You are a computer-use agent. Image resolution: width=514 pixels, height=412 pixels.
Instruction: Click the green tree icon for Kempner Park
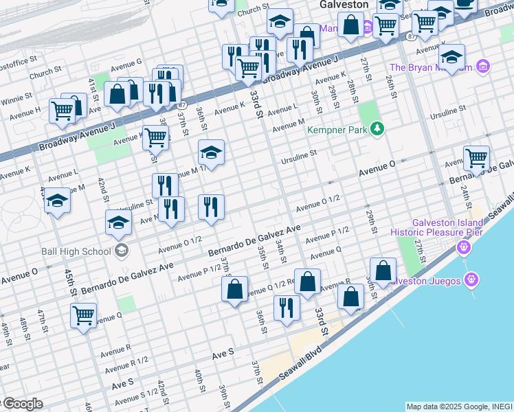(376, 128)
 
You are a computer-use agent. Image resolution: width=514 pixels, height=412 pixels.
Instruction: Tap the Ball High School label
(82, 251)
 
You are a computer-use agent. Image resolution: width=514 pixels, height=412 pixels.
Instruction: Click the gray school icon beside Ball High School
(122, 250)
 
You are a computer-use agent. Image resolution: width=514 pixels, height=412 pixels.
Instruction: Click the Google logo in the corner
(22, 404)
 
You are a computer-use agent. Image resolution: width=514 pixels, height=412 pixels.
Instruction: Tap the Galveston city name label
(344, 4)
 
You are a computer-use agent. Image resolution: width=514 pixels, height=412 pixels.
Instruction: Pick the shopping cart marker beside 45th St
(83, 316)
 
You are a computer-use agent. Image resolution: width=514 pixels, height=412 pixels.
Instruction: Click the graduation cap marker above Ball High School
(118, 222)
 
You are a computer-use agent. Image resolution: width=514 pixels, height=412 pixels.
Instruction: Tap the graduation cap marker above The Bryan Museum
(451, 56)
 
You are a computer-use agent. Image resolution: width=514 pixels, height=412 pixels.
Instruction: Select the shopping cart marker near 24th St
(476, 158)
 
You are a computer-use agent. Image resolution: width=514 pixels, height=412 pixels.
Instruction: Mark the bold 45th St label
(71, 282)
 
